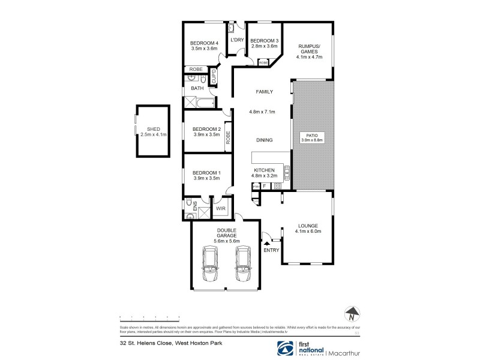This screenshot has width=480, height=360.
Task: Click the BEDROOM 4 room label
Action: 204,43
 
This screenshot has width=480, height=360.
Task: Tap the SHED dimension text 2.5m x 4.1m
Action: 153,135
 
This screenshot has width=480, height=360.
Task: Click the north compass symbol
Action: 353,313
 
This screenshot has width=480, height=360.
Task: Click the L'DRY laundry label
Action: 236,40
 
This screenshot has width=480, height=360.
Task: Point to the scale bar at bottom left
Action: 150,316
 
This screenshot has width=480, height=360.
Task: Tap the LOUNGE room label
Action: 308,225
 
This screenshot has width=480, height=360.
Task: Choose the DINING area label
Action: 264,140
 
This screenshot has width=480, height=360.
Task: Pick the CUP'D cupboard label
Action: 213,76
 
